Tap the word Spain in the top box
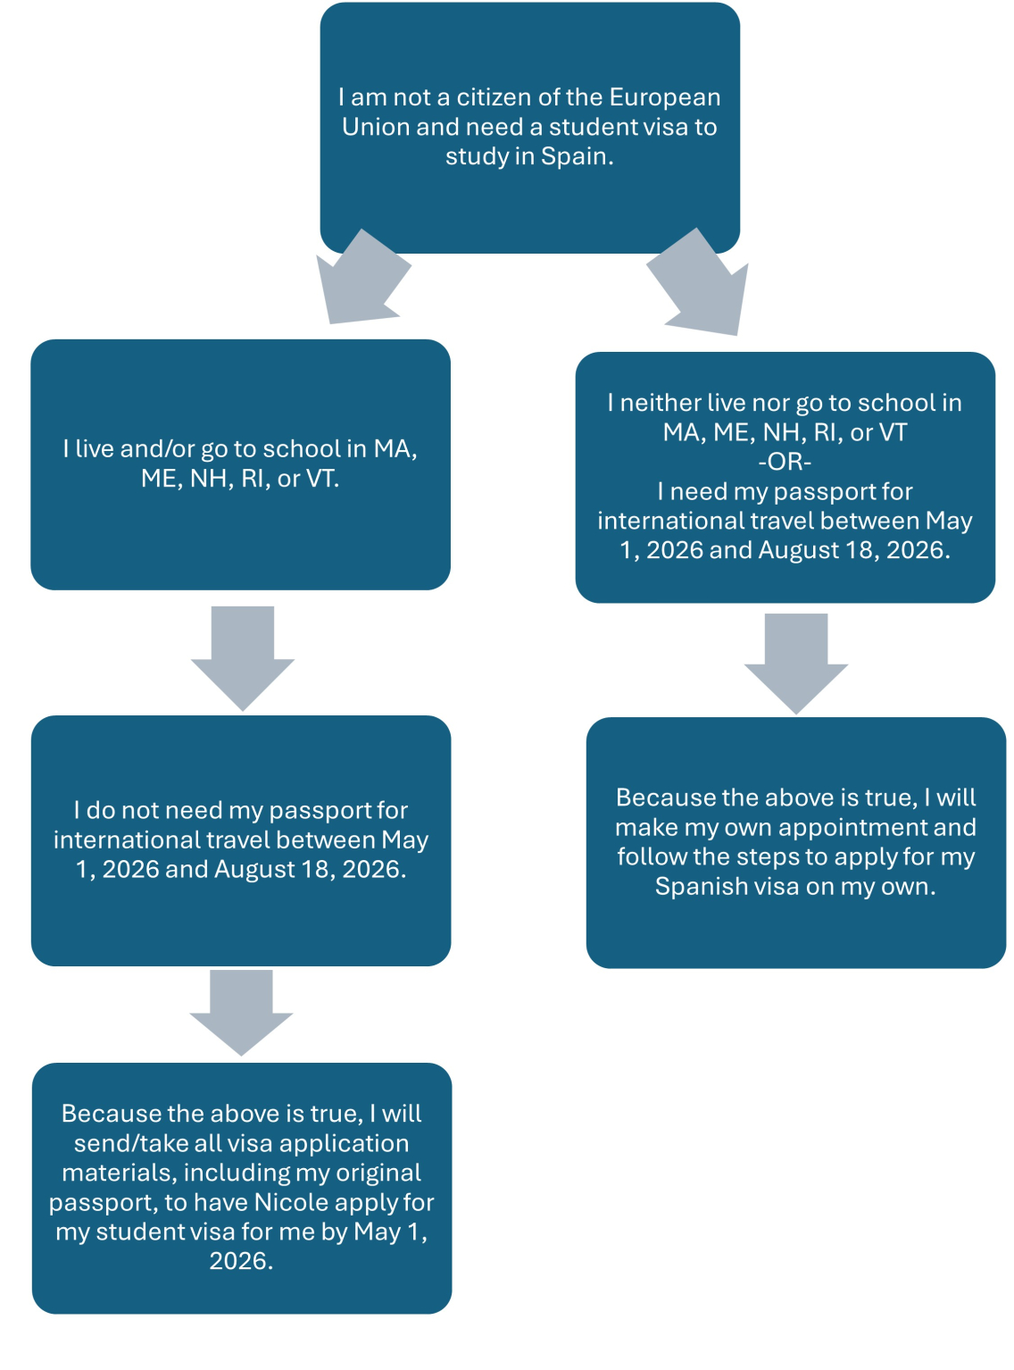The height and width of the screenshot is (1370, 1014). (574, 156)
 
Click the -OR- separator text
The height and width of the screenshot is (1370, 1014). (785, 462)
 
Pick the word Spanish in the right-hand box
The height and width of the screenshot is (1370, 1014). (699, 887)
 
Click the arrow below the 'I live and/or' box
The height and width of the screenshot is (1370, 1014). (242, 656)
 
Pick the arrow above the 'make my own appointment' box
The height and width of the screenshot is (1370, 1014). (795, 662)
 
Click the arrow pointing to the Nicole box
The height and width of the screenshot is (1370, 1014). (241, 1011)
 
